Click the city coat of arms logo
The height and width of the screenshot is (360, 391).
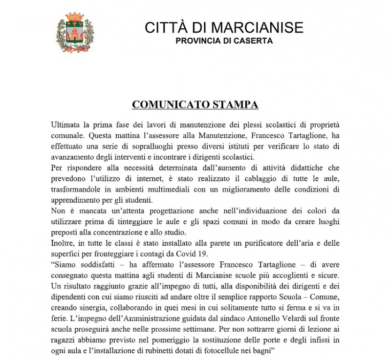point(75,33)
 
